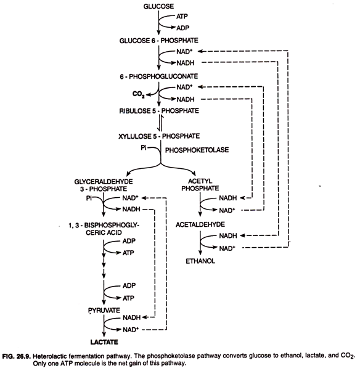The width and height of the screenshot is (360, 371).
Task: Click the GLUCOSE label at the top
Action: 158,6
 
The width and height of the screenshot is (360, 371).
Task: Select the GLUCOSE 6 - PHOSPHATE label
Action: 159,41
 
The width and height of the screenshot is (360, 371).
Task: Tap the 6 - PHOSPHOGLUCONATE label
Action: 159,76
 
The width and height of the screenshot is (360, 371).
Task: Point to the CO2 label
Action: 139,94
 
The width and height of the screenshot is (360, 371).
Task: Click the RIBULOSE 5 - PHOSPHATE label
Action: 159,111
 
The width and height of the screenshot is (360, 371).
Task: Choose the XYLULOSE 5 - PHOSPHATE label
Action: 159,136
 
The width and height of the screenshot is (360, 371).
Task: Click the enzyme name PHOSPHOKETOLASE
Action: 197,150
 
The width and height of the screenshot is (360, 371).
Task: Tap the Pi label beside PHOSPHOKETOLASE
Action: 144,148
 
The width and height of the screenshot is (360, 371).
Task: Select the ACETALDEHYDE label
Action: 200,224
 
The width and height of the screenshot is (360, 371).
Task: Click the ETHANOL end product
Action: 200,261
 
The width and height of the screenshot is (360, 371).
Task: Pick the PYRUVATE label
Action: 104,310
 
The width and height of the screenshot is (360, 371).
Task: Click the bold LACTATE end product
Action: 104,342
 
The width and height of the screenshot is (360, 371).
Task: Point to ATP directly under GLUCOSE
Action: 182,16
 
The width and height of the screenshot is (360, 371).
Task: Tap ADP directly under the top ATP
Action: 182,28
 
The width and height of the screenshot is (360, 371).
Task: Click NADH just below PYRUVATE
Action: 131,317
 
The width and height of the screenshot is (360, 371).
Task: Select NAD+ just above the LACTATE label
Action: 131,329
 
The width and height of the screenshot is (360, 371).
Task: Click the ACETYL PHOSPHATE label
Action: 200,184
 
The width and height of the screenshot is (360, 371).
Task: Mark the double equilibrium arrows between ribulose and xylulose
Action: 160,123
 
